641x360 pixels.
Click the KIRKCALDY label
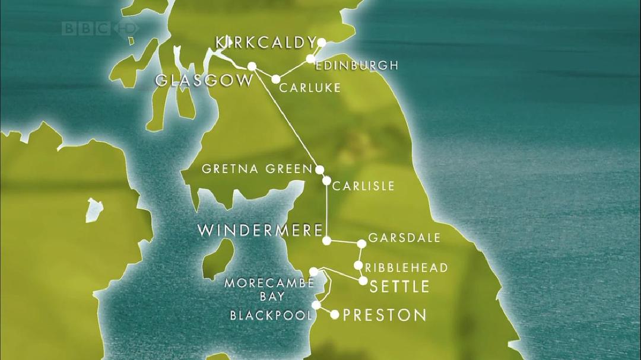(264, 43)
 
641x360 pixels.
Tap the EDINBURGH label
(356, 65)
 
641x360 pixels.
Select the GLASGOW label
(204, 81)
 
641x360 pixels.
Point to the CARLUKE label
(310, 88)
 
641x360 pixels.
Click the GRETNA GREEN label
(256, 169)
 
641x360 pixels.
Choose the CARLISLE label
(364, 186)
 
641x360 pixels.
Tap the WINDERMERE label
(259, 231)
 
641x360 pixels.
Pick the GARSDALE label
(404, 238)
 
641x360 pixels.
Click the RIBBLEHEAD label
(407, 268)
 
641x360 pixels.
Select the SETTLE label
(399, 287)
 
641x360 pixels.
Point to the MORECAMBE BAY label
(268, 289)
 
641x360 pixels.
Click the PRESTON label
(385, 315)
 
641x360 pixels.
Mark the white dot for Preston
(335, 315)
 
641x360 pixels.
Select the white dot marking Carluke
(276, 79)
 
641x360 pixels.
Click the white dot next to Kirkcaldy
(322, 42)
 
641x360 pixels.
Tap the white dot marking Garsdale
(361, 244)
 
